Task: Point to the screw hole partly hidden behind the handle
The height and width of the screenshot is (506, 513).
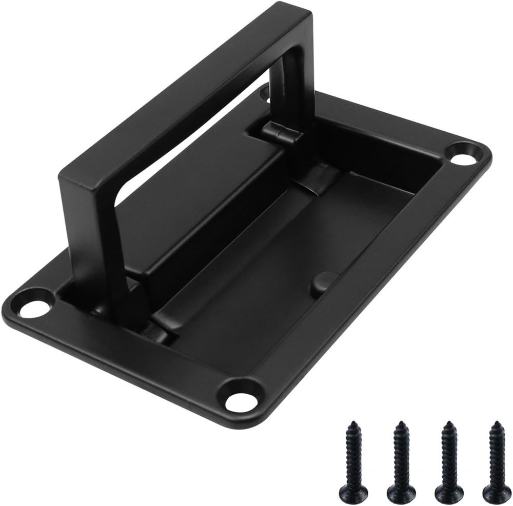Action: pyautogui.click(x=265, y=93)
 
